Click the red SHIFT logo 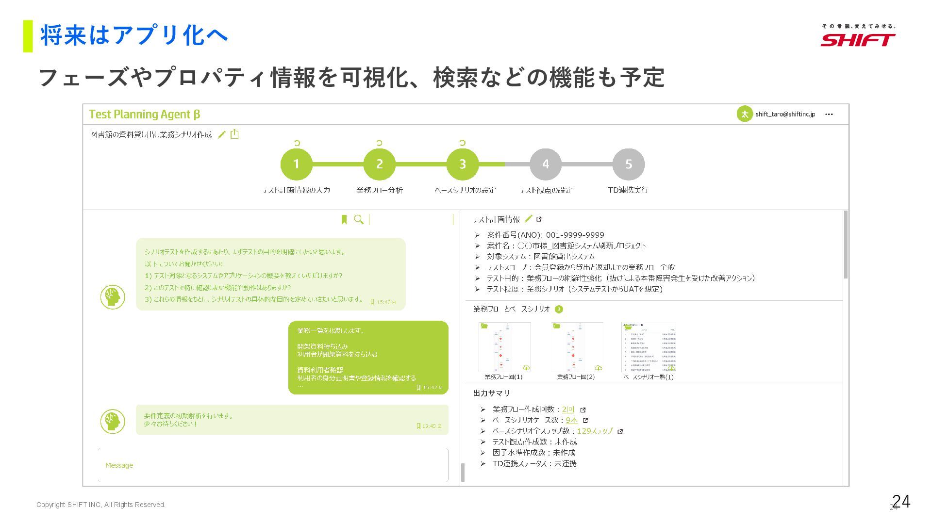pos(858,39)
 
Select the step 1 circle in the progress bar pos(296,164)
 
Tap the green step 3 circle pos(462,164)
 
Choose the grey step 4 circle pos(546,164)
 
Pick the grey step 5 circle pos(629,164)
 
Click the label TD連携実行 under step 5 pos(628,190)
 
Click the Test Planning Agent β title pos(144,115)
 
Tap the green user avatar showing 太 pos(744,114)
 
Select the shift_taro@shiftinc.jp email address pos(785,115)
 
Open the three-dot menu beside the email pos(829,115)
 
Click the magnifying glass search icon pos(359,220)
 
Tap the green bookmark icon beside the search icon pos(344,220)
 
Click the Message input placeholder pos(119,465)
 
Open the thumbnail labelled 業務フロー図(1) pos(504,347)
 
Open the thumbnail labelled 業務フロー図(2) pos(577,347)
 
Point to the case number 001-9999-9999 pos(575,235)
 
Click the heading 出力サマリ pos(491,393)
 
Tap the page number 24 pos(901,501)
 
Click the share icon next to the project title pos(234,134)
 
